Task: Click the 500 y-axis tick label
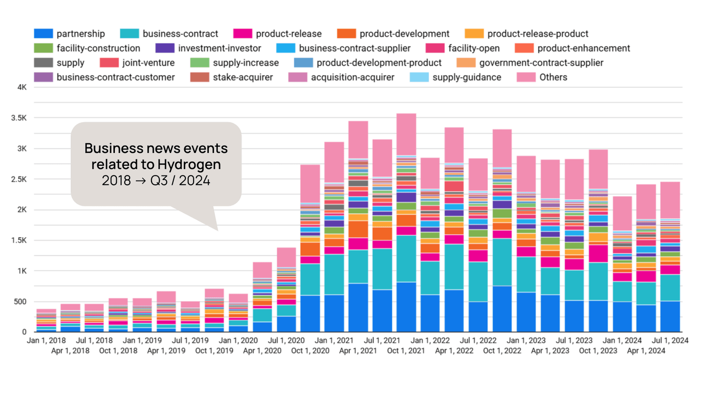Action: [20, 302]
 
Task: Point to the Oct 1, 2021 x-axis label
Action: [406, 351]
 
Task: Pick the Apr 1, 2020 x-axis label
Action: [262, 351]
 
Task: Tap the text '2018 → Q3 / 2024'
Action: [156, 180]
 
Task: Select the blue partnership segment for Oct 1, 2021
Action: [406, 307]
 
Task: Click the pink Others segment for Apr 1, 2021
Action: [358, 139]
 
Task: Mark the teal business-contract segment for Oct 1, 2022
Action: [502, 262]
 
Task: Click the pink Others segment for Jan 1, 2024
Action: [622, 213]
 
